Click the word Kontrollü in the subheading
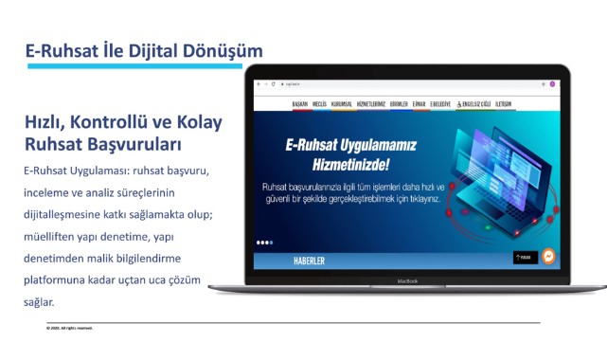107,122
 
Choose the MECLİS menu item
319,103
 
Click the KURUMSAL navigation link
341,103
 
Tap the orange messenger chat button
548,257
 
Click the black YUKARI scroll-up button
524,257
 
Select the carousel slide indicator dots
265,242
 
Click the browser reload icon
274,84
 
